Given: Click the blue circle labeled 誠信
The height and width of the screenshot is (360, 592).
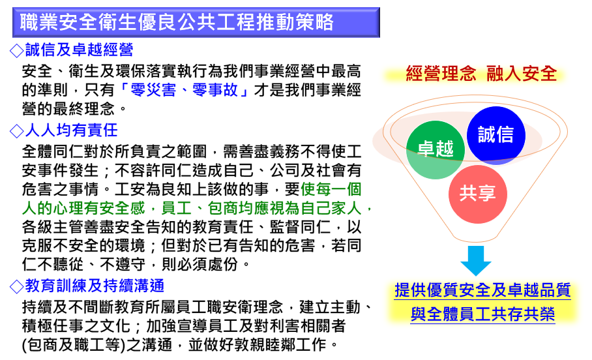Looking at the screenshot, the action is pos(496,135).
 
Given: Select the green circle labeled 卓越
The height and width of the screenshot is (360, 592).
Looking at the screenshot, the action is pos(436,149).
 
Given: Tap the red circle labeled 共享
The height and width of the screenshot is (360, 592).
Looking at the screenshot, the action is pos(478,194).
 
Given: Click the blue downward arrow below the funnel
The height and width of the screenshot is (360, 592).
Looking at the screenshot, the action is pos(476,260).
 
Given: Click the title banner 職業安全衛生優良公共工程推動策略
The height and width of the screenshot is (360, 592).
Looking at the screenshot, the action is pos(196,22).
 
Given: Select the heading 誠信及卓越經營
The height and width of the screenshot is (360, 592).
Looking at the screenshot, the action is pos(80,50).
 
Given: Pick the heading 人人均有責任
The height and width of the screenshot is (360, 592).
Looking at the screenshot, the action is pos(71,130).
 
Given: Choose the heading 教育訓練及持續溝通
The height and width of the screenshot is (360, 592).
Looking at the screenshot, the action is pos(95,286).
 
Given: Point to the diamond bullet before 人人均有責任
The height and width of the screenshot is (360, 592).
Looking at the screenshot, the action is pos(16,131).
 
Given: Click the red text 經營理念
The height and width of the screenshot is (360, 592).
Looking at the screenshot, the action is pos(441,73).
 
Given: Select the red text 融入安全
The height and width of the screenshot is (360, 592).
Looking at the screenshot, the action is pos(522,73).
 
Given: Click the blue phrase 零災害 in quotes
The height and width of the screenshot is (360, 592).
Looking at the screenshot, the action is pos(153,90).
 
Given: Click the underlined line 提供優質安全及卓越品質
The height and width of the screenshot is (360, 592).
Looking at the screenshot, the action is pos(482,290).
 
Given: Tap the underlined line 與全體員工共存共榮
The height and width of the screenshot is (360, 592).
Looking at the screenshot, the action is pos(482,314).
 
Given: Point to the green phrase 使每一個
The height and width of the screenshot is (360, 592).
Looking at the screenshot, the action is pos(331,189).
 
